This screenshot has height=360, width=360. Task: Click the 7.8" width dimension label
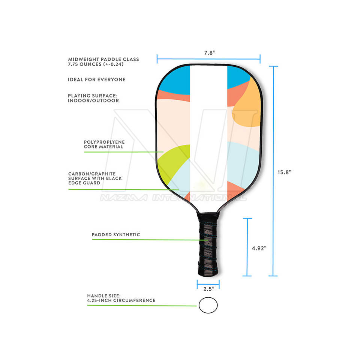(x=208, y=53)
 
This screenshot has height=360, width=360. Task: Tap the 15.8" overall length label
(x=285, y=172)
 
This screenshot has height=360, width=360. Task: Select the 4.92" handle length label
(x=259, y=248)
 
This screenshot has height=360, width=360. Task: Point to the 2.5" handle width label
(x=208, y=289)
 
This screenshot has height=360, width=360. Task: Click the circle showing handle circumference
(x=208, y=305)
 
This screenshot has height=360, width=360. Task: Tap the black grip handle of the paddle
(x=207, y=244)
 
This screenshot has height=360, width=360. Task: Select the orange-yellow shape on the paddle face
(x=247, y=109)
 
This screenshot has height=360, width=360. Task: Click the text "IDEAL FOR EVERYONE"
(x=97, y=80)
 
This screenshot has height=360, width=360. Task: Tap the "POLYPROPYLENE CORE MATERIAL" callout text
(x=104, y=144)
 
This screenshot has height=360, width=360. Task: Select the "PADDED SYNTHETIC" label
(x=116, y=235)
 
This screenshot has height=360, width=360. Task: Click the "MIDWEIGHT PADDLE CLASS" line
(x=103, y=59)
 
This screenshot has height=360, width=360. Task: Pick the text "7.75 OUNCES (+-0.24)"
(x=96, y=64)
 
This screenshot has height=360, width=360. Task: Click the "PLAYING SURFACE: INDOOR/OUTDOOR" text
(x=93, y=98)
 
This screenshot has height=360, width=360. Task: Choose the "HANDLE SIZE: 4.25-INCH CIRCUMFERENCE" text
(x=121, y=298)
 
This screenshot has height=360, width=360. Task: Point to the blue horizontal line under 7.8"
(x=208, y=58)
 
